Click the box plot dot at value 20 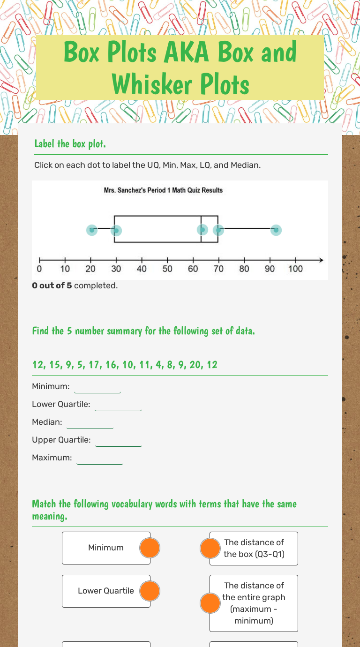pos(92,230)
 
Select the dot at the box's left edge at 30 pos(116,231)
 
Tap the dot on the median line pos(202,230)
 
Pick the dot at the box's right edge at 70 pos(218,230)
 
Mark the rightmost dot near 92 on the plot pos(276,230)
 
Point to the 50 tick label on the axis pos(167,269)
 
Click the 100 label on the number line pos(295,269)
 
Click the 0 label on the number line pos(39,269)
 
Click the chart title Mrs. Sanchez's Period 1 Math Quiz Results pos(163,190)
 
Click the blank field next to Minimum pos(97,387)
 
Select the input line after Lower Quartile pos(118,405)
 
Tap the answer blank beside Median pos(90,423)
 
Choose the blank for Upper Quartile pos(119,441)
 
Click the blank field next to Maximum pos(100,459)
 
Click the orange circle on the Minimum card pos(150,548)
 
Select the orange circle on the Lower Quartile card pos(150,591)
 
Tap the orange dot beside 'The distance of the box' pos(210,548)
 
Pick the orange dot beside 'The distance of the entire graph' pos(210,603)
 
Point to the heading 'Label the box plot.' pos(70,144)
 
